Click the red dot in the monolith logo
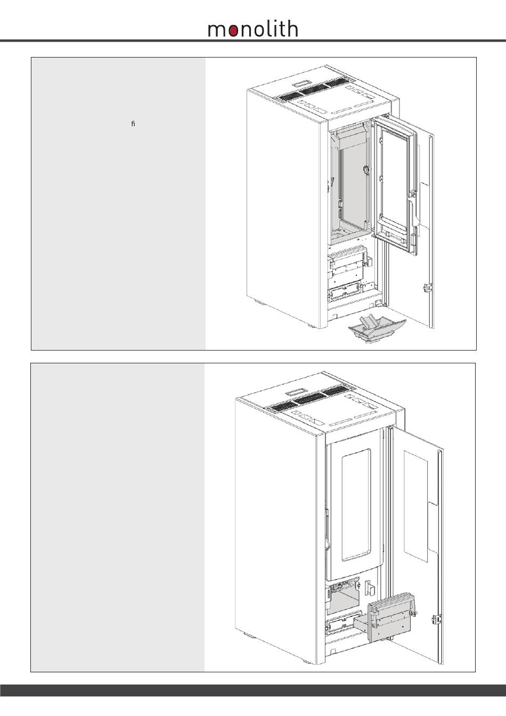(234, 31)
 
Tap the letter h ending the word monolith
(292, 28)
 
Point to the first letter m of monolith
(218, 30)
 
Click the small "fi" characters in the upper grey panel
(133, 124)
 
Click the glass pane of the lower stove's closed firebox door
(356, 506)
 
